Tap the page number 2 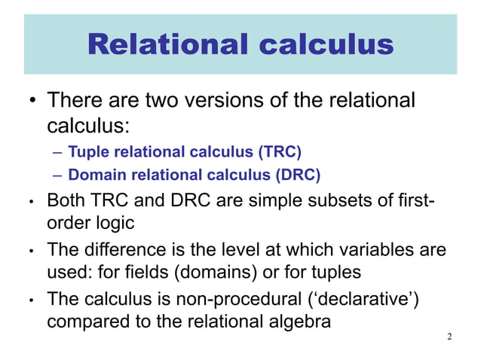(449, 336)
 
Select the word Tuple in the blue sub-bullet (84, 152)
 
